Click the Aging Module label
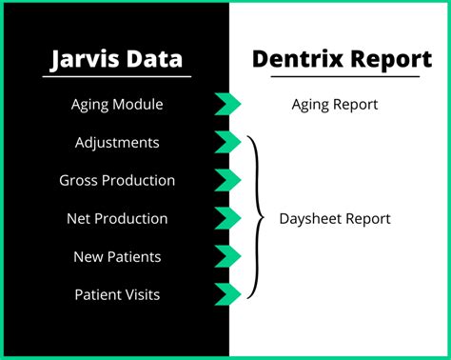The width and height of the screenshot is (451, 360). (x=117, y=104)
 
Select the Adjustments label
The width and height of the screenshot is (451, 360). (x=117, y=142)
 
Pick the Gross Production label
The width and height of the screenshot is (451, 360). (x=117, y=180)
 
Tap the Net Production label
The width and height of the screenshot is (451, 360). (x=117, y=218)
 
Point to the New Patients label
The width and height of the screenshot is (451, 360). (x=117, y=256)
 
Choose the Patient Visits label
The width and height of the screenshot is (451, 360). (x=117, y=294)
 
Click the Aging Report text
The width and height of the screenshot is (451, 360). (x=334, y=104)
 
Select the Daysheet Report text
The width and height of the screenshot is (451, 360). (x=334, y=218)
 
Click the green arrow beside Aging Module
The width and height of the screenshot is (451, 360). (x=227, y=104)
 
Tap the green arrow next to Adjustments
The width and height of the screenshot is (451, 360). (x=227, y=142)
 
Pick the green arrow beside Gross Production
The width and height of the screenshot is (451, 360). (x=227, y=180)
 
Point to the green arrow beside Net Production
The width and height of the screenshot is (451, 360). (x=227, y=218)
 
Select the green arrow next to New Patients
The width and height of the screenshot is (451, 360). (x=227, y=256)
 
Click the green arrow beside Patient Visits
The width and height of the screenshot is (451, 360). (x=227, y=294)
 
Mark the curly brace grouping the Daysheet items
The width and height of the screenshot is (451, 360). (x=256, y=218)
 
